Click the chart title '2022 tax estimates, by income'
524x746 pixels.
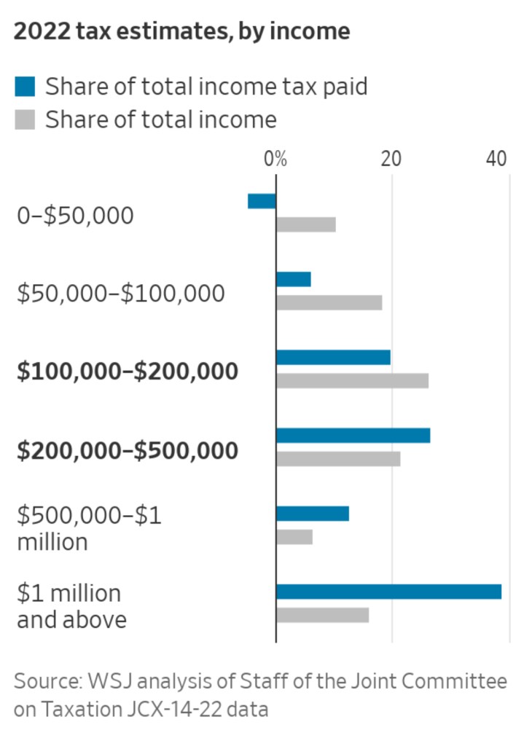pos(181,32)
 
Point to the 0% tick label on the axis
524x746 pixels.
pos(275,159)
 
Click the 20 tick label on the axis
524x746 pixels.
pos(392,159)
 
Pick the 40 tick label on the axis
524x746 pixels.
pos(497,159)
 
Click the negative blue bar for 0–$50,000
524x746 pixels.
pos(262,201)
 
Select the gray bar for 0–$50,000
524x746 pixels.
pos(305,224)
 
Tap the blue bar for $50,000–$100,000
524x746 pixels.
pos(293,279)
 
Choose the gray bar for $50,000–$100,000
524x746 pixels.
pos(329,302)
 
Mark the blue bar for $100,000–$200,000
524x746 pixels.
pos(333,357)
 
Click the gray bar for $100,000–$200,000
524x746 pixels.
pos(352,380)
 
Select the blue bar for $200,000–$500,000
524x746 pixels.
pos(353,435)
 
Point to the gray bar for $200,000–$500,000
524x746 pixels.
pos(338,459)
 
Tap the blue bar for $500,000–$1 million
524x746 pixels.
pos(312,514)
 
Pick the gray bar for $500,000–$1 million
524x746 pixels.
pos(294,537)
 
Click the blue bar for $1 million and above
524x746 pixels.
pos(388,592)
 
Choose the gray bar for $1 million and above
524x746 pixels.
pos(322,615)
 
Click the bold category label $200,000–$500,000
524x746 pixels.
pos(128,451)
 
